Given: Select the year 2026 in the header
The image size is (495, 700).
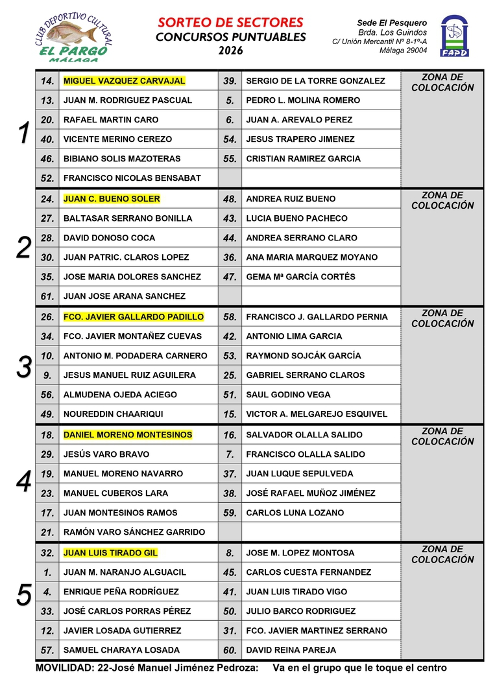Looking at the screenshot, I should [230, 51].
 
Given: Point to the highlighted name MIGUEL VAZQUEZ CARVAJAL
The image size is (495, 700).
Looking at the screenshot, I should [124, 81].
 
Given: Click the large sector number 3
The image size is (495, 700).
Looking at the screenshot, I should [24, 367].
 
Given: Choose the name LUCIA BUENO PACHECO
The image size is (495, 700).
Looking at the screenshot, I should [296, 218].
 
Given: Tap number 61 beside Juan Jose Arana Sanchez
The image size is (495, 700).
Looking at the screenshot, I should [47, 296].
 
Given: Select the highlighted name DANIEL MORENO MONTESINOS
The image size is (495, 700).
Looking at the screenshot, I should [128, 435].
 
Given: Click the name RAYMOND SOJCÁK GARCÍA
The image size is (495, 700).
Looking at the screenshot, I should [304, 356].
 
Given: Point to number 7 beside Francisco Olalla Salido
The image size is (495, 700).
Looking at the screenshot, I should [230, 454].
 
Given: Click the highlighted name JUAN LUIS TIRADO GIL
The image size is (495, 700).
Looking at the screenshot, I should [110, 553].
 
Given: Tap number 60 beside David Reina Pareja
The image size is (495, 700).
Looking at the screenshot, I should [230, 650].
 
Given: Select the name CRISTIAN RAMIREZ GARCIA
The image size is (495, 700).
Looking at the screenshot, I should [303, 159].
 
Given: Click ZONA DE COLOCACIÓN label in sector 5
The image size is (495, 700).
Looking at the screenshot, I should [442, 554].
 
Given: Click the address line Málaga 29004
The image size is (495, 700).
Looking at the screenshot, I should [403, 50].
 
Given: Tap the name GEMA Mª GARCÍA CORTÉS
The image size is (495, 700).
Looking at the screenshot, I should [300, 277].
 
